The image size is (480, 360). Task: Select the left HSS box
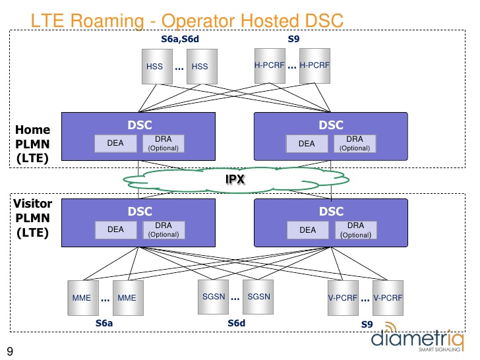pyautogui.click(x=155, y=67)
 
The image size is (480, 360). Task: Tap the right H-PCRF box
pyautogui.click(x=315, y=65)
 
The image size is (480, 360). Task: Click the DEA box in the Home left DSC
pyautogui.click(x=116, y=143)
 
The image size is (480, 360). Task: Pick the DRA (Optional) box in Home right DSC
pyautogui.click(x=354, y=144)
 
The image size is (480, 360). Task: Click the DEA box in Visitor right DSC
pyautogui.click(x=307, y=230)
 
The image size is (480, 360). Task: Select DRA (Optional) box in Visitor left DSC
pyautogui.click(x=164, y=229)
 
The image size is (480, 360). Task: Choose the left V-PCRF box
pyautogui.click(x=342, y=297)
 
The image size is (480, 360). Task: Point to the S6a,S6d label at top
pyautogui.click(x=180, y=40)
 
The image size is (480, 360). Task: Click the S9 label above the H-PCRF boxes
pyautogui.click(x=293, y=40)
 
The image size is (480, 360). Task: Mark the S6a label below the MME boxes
pyautogui.click(x=104, y=324)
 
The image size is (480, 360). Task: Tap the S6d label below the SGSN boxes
pyautogui.click(x=236, y=324)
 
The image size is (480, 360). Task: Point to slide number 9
pyautogui.click(x=10, y=350)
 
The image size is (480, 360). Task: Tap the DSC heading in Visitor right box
pyautogui.click(x=331, y=212)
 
